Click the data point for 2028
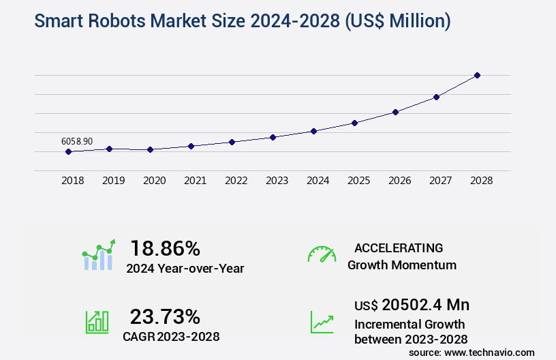(477, 75)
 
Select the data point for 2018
(68, 151)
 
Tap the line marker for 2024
(313, 131)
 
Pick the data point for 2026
(395, 112)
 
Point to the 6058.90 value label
(77, 141)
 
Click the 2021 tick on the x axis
(195, 181)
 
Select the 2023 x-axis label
(277, 181)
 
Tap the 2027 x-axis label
(440, 181)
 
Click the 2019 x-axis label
(113, 181)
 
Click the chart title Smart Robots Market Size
(242, 21)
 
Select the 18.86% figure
(166, 247)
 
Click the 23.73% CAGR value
(166, 316)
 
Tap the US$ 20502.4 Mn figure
(412, 305)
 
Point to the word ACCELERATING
(399, 247)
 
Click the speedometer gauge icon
(322, 254)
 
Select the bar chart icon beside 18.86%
(99, 255)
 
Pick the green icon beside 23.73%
(97, 321)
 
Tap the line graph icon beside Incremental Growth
(322, 322)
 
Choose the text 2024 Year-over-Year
(185, 268)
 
